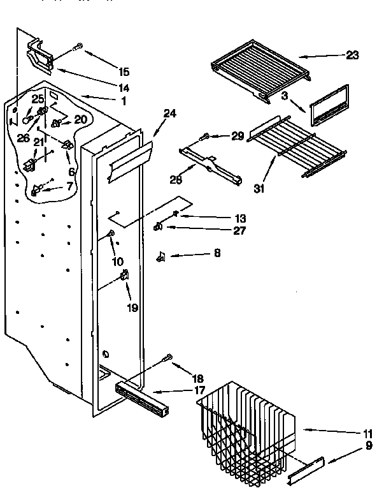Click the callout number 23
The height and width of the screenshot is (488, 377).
tap(352, 56)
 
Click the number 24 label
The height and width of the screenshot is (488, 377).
tap(169, 114)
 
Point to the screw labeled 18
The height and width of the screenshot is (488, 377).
tap(169, 359)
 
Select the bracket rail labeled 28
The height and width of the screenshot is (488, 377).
tap(211, 165)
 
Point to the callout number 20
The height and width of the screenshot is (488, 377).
tap(80, 119)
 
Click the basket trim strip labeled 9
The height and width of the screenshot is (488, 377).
tap(308, 469)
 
